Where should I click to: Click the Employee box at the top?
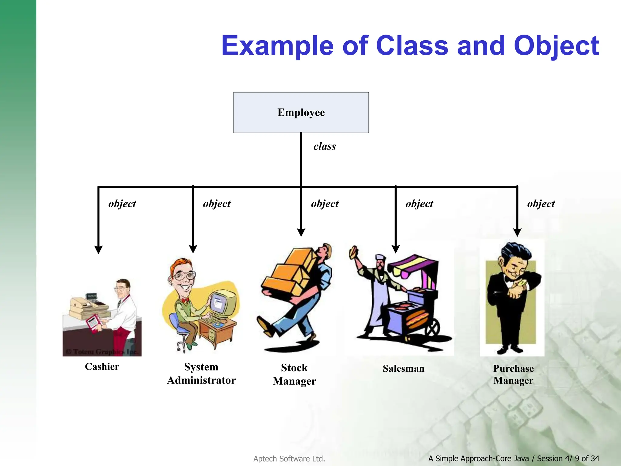coord(301,113)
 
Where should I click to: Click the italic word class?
coord(324,147)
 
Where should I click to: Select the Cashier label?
coord(102,366)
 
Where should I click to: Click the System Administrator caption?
coord(201,373)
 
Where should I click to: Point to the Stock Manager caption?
coord(294,374)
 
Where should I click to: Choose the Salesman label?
coord(403,368)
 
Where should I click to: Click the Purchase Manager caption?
coord(513,374)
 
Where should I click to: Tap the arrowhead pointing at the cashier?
coord(98,249)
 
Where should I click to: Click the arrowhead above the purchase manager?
coord(517,232)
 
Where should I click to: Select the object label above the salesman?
coord(419,204)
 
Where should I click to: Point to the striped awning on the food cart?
coord(412,264)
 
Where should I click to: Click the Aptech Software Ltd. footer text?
coord(289,459)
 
